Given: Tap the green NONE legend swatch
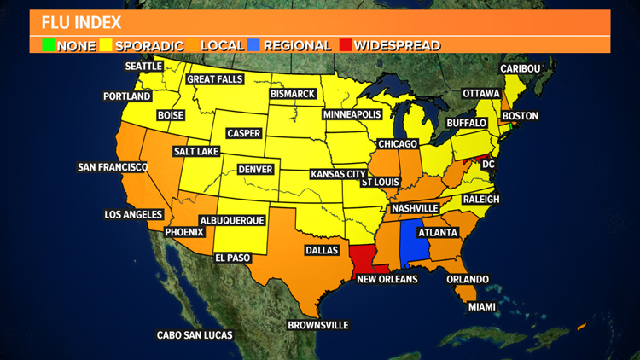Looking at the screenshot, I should (49, 45).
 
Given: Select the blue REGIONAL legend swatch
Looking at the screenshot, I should (256, 45).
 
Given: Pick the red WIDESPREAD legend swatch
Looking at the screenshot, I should (345, 45).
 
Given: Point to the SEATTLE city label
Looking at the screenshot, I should (143, 66).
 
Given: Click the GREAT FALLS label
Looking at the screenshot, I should (215, 79).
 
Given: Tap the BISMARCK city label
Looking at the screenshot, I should (292, 93).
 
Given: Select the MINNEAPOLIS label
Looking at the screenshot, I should (352, 113).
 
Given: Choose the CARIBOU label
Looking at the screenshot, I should (521, 68).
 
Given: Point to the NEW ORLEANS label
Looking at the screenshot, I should (387, 279).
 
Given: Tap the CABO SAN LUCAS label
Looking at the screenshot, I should (195, 335).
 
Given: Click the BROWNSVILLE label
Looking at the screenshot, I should (317, 324).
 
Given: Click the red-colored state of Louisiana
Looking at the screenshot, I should (362, 257).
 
